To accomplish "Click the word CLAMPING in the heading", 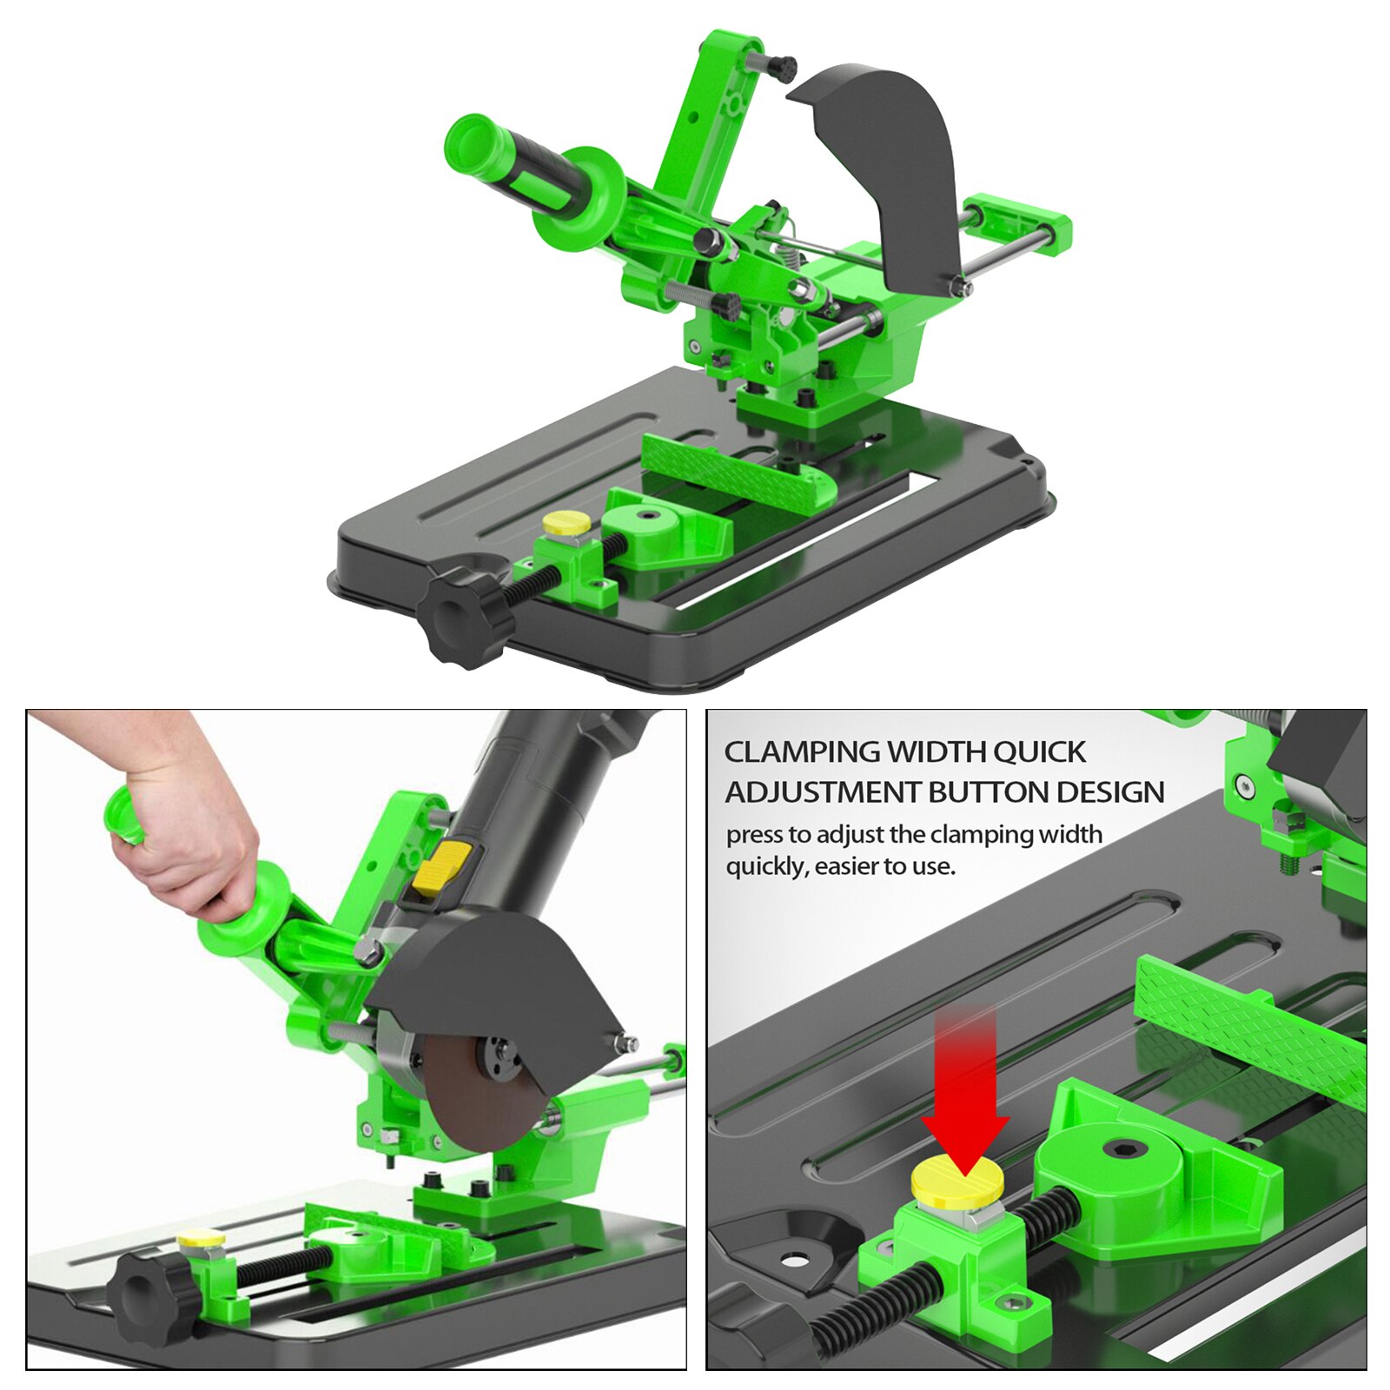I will point(800,752).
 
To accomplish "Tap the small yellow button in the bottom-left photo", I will point(201,1241).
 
